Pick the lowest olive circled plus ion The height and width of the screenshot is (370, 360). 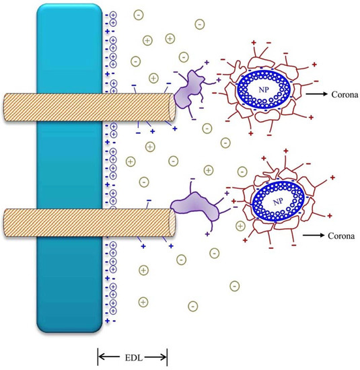(142, 301)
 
